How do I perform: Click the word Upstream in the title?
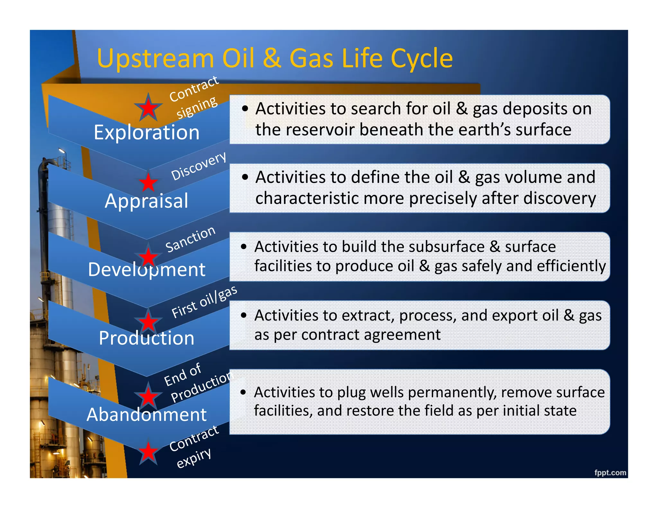155,59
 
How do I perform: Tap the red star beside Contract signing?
148,108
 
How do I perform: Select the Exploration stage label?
147,132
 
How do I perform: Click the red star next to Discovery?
148,182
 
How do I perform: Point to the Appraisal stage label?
147,201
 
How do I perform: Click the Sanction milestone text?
190,239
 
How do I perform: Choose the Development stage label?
147,269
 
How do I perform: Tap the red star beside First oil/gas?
148,321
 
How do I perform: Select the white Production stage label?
147,338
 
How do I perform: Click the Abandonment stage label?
147,415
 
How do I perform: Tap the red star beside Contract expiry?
148,452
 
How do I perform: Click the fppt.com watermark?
610,472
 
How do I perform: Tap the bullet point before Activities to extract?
244,315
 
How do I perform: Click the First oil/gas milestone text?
204,302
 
